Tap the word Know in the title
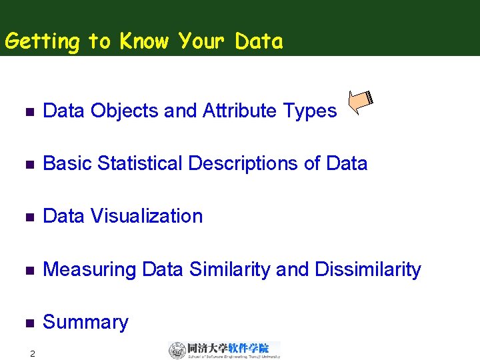click(145, 41)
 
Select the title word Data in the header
click(259, 41)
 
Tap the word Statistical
click(141, 163)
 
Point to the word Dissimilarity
click(367, 269)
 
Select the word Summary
click(85, 323)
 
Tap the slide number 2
click(32, 353)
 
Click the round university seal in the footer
click(177, 350)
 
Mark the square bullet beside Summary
click(28, 323)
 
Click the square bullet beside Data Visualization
click(28, 217)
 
